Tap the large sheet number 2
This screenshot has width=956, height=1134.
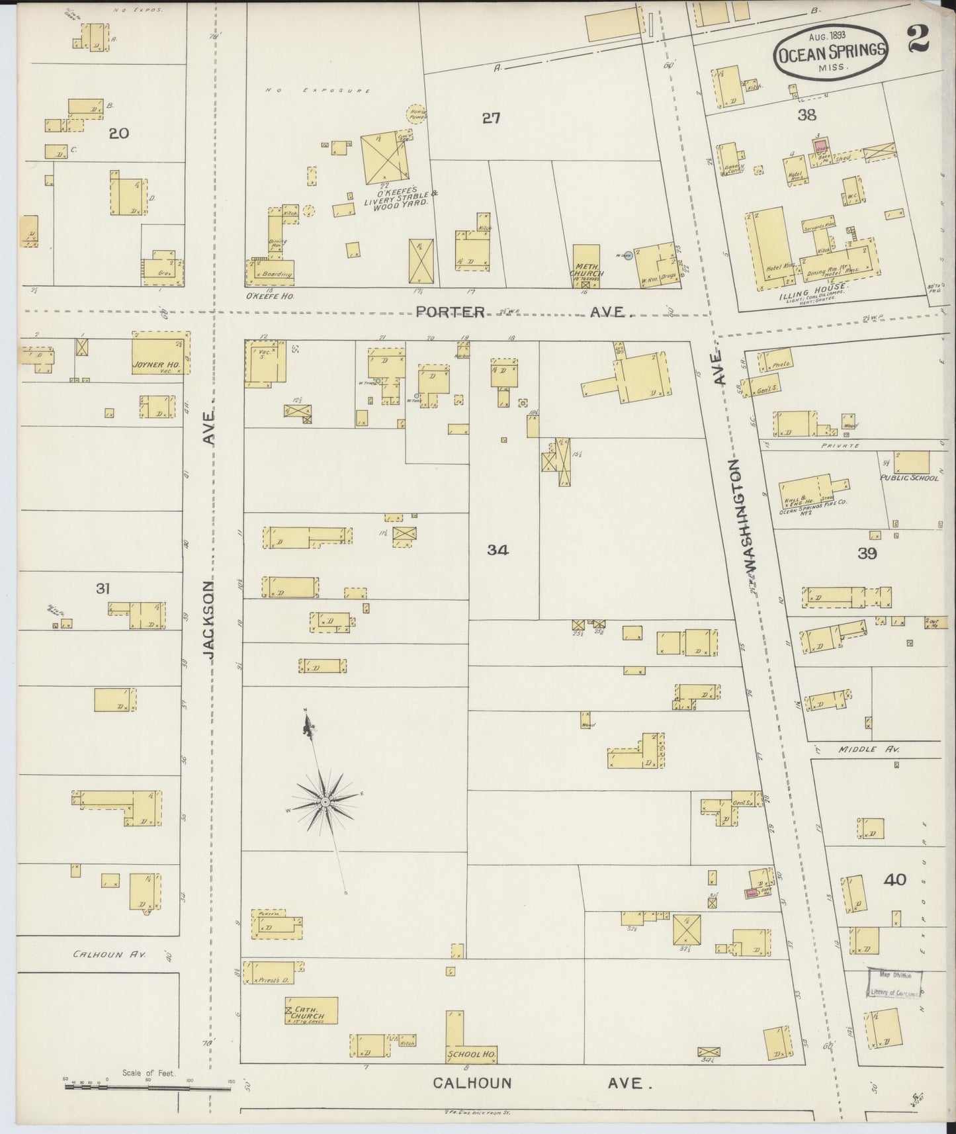click(x=918, y=38)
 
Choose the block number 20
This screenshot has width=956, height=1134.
click(x=118, y=134)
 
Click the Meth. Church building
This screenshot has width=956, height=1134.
click(x=586, y=266)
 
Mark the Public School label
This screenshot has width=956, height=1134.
click(x=908, y=478)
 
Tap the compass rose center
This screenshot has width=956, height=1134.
click(x=325, y=802)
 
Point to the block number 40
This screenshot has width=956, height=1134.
click(x=894, y=879)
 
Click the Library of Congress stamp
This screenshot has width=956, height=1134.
click(x=894, y=984)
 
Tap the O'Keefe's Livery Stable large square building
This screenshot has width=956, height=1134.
click(x=385, y=159)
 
